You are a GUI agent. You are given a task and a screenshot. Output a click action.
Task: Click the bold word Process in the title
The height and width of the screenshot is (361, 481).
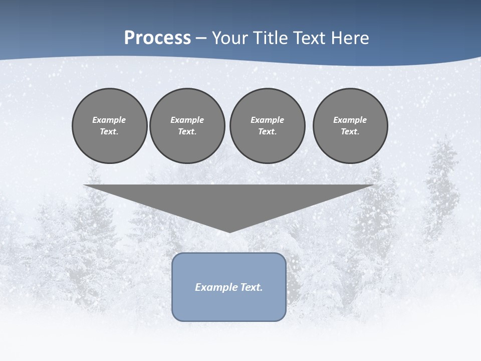point(157,38)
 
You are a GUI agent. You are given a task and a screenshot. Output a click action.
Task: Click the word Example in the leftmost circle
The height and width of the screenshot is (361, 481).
point(109,120)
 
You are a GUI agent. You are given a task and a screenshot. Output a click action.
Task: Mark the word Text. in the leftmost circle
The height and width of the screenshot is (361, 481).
point(109,131)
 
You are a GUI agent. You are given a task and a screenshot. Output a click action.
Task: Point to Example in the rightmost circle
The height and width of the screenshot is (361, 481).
point(350,120)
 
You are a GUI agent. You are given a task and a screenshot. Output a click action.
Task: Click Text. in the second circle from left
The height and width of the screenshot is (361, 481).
point(187,131)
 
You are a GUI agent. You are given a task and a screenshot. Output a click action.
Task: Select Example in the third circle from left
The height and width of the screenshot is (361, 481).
point(268,120)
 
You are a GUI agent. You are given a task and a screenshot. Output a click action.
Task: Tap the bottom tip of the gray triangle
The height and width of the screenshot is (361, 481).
point(229,231)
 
